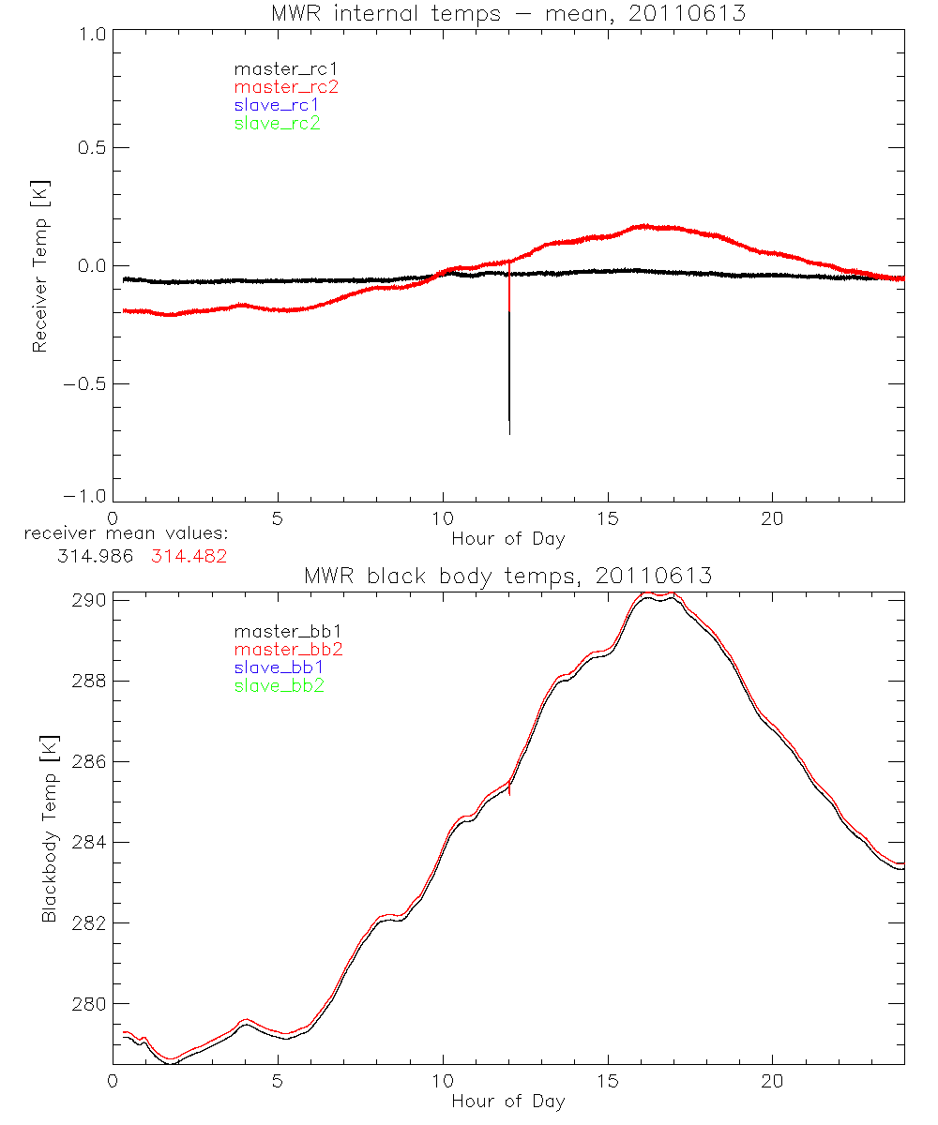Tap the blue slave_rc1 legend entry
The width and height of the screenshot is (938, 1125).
[x=277, y=105]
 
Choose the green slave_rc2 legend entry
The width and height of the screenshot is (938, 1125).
[x=277, y=123]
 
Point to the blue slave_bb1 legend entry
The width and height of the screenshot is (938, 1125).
[x=279, y=667]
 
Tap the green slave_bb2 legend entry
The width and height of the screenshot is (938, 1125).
[x=279, y=685]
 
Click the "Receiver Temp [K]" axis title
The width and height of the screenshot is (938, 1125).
[x=39, y=266]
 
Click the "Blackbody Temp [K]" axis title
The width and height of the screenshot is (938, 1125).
[x=49, y=802]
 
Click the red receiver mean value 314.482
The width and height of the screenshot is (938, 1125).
[x=189, y=556]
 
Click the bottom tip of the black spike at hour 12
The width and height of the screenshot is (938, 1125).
[x=509, y=434]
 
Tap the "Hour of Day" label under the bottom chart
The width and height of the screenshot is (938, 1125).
[x=507, y=1102]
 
